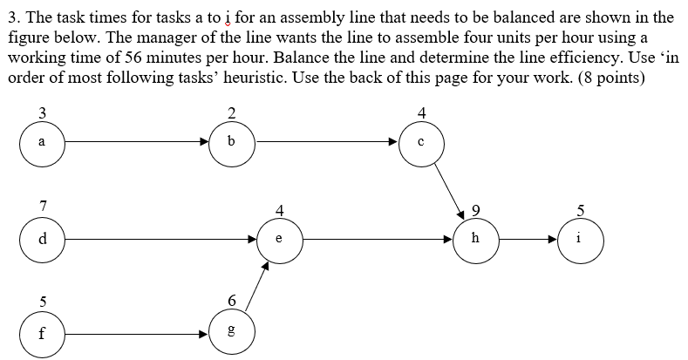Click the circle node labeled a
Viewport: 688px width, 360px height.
click(x=42, y=142)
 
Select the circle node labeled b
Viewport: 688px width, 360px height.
click(x=231, y=142)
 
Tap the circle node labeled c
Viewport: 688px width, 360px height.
click(x=422, y=143)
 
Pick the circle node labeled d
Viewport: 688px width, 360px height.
click(x=42, y=238)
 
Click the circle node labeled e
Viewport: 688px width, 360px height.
click(x=279, y=239)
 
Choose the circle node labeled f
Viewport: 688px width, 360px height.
click(x=42, y=334)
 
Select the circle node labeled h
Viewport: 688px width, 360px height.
click(x=475, y=239)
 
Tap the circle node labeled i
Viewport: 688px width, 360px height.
click(x=581, y=239)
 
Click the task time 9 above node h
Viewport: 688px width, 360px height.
click(x=475, y=209)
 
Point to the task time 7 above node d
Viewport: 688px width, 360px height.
click(x=42, y=206)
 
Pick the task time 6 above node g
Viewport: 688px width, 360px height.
click(x=231, y=301)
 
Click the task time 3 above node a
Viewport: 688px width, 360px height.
click(x=42, y=111)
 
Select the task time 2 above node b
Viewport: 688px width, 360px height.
click(x=231, y=111)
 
